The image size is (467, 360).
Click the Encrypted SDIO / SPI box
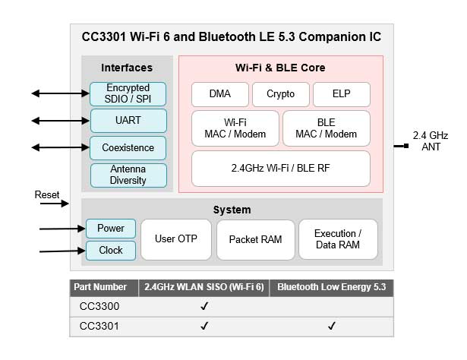coord(128,94)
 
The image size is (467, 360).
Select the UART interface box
coord(128,121)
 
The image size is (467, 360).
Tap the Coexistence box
coord(128,147)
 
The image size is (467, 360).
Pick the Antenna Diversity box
coord(128,175)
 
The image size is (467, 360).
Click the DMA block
coord(220,95)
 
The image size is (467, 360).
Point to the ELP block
coord(341,95)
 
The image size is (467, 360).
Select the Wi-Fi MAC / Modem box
coord(235,128)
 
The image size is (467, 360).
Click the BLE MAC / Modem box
coord(326,128)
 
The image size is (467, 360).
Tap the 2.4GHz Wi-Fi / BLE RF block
coord(280,169)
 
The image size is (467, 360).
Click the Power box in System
coord(110,228)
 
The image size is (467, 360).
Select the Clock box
coord(110,250)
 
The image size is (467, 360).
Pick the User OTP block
coord(175,239)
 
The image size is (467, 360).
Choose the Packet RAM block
coord(255,239)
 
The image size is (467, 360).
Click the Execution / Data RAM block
coord(338,239)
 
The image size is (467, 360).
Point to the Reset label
coord(47,195)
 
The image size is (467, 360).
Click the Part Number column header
coord(99,287)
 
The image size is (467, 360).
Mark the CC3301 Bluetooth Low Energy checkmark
coord(331,327)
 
